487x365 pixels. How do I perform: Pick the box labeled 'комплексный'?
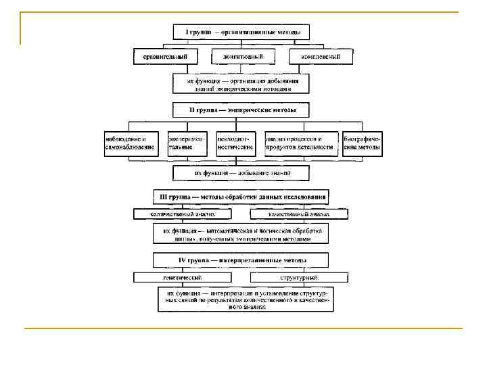coord(321,57)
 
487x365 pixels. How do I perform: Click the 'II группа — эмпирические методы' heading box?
coord(241,109)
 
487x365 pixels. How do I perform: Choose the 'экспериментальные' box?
coord(185,143)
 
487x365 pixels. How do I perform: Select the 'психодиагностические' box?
coord(235,143)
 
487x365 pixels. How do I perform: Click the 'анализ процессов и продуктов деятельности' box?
coord(300,143)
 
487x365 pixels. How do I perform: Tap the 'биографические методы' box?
coord(362,143)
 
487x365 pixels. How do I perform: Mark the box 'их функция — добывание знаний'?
coord(241,173)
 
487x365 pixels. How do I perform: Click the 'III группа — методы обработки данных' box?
coord(241,197)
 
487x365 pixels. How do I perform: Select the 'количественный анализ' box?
coord(182,214)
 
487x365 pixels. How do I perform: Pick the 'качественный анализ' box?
coord(299,214)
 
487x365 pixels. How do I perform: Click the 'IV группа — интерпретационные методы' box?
coord(241,260)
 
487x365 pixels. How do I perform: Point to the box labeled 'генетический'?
coord(182,277)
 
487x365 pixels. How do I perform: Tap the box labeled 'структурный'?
coord(299,277)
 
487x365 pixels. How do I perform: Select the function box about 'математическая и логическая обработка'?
coord(241,234)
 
